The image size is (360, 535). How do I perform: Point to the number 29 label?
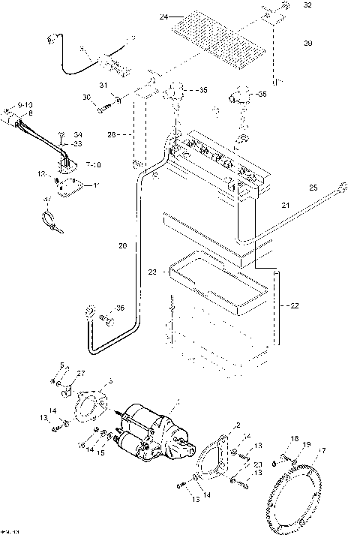tap(307, 44)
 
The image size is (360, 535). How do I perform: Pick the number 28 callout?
tap(110, 135)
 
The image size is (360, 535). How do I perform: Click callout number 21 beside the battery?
tap(284, 204)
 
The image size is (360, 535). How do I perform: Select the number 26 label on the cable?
tap(123, 245)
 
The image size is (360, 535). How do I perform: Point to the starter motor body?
tap(150, 428)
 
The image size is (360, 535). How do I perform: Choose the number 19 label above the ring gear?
tap(305, 445)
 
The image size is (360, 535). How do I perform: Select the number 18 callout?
tap(295, 438)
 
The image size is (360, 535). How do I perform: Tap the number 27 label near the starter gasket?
tap(81, 373)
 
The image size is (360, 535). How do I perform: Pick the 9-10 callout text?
tap(25, 103)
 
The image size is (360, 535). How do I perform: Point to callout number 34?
tap(78, 135)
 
